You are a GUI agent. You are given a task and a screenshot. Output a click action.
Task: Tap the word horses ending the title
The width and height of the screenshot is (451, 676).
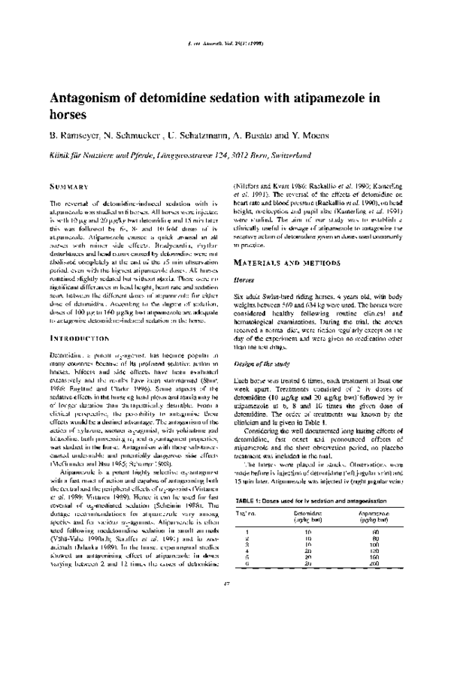tap(68, 116)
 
